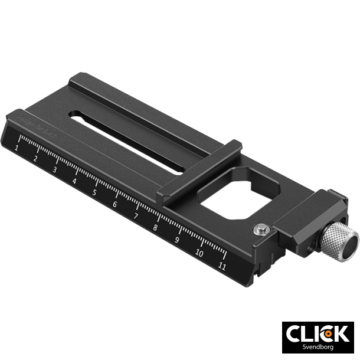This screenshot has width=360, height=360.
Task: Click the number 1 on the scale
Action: (18, 146)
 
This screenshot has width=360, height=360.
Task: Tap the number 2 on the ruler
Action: (36, 158)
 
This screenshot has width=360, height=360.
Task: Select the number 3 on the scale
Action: (55, 169)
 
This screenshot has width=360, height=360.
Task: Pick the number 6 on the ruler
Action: (114, 205)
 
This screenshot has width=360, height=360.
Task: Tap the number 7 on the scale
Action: (135, 217)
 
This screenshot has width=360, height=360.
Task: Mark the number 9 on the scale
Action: (177, 241)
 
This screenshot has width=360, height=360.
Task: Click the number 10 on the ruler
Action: (199, 253)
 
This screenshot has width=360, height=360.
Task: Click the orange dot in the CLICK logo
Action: (327, 333)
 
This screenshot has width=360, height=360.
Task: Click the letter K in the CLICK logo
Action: (342, 333)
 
